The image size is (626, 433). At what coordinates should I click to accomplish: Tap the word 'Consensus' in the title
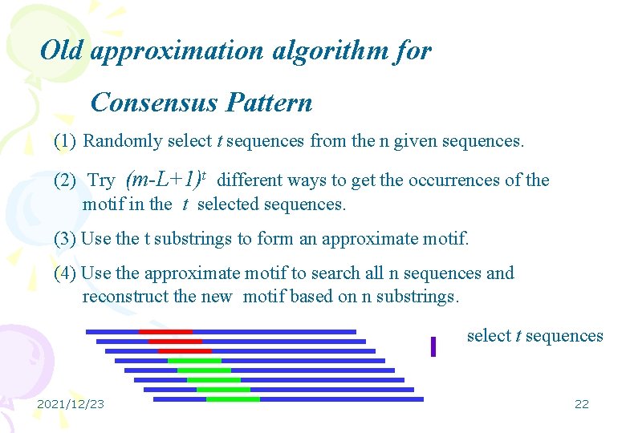coord(154,103)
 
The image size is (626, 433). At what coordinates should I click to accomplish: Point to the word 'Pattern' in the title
coord(270,103)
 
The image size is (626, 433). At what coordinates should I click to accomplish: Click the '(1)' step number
coord(65,142)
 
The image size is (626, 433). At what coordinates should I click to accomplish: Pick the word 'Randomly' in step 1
coord(123,142)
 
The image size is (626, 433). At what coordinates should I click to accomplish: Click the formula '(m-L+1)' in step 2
coord(165,179)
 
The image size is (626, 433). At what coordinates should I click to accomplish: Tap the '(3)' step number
coord(65,239)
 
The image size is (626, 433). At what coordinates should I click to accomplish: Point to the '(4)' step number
coord(65,273)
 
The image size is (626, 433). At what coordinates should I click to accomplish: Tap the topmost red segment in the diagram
coord(165,331)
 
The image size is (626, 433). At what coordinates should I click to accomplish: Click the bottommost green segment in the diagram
coord(233,399)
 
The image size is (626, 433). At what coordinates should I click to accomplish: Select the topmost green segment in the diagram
coord(194,360)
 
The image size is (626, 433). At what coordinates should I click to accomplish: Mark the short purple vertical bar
coord(433,346)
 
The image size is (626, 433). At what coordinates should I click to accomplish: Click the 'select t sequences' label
coord(535,336)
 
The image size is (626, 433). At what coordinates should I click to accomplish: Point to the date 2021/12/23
coord(71,404)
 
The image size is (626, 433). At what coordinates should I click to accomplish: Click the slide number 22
coord(582,404)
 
